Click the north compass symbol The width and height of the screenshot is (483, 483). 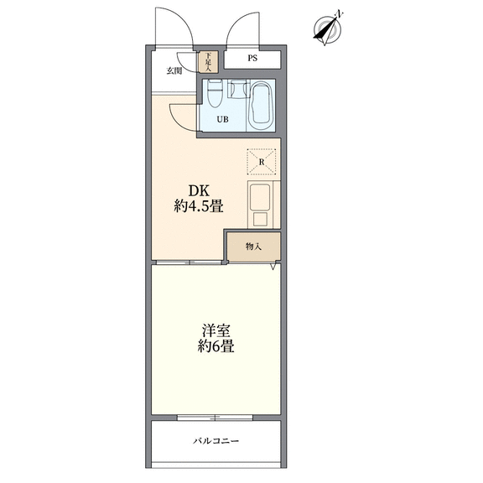click(x=327, y=29)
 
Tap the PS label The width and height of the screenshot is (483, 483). click(x=252, y=58)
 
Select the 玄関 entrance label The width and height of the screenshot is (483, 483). click(x=174, y=71)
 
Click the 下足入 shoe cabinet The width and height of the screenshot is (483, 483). click(x=209, y=62)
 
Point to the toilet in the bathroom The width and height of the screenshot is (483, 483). click(x=215, y=93)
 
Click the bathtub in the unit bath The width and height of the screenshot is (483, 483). click(x=261, y=106)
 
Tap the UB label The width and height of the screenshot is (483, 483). click(x=223, y=119)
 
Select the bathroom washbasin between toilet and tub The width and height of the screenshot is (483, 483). click(x=239, y=88)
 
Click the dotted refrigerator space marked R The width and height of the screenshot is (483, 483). click(x=262, y=162)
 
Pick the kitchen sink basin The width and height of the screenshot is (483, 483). click(x=260, y=197)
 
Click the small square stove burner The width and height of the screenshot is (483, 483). click(x=260, y=220)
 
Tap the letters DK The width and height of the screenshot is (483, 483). click(x=199, y=191)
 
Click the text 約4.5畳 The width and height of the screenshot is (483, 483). click(x=199, y=206)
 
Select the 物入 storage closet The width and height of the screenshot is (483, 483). click(x=254, y=247)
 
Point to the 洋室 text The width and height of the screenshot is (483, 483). click(x=216, y=331)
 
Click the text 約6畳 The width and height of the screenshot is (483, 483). click(x=216, y=346)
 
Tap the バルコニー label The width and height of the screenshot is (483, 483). click(x=216, y=441)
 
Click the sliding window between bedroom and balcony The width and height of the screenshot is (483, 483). click(x=215, y=418)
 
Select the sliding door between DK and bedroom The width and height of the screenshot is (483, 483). click(x=189, y=262)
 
